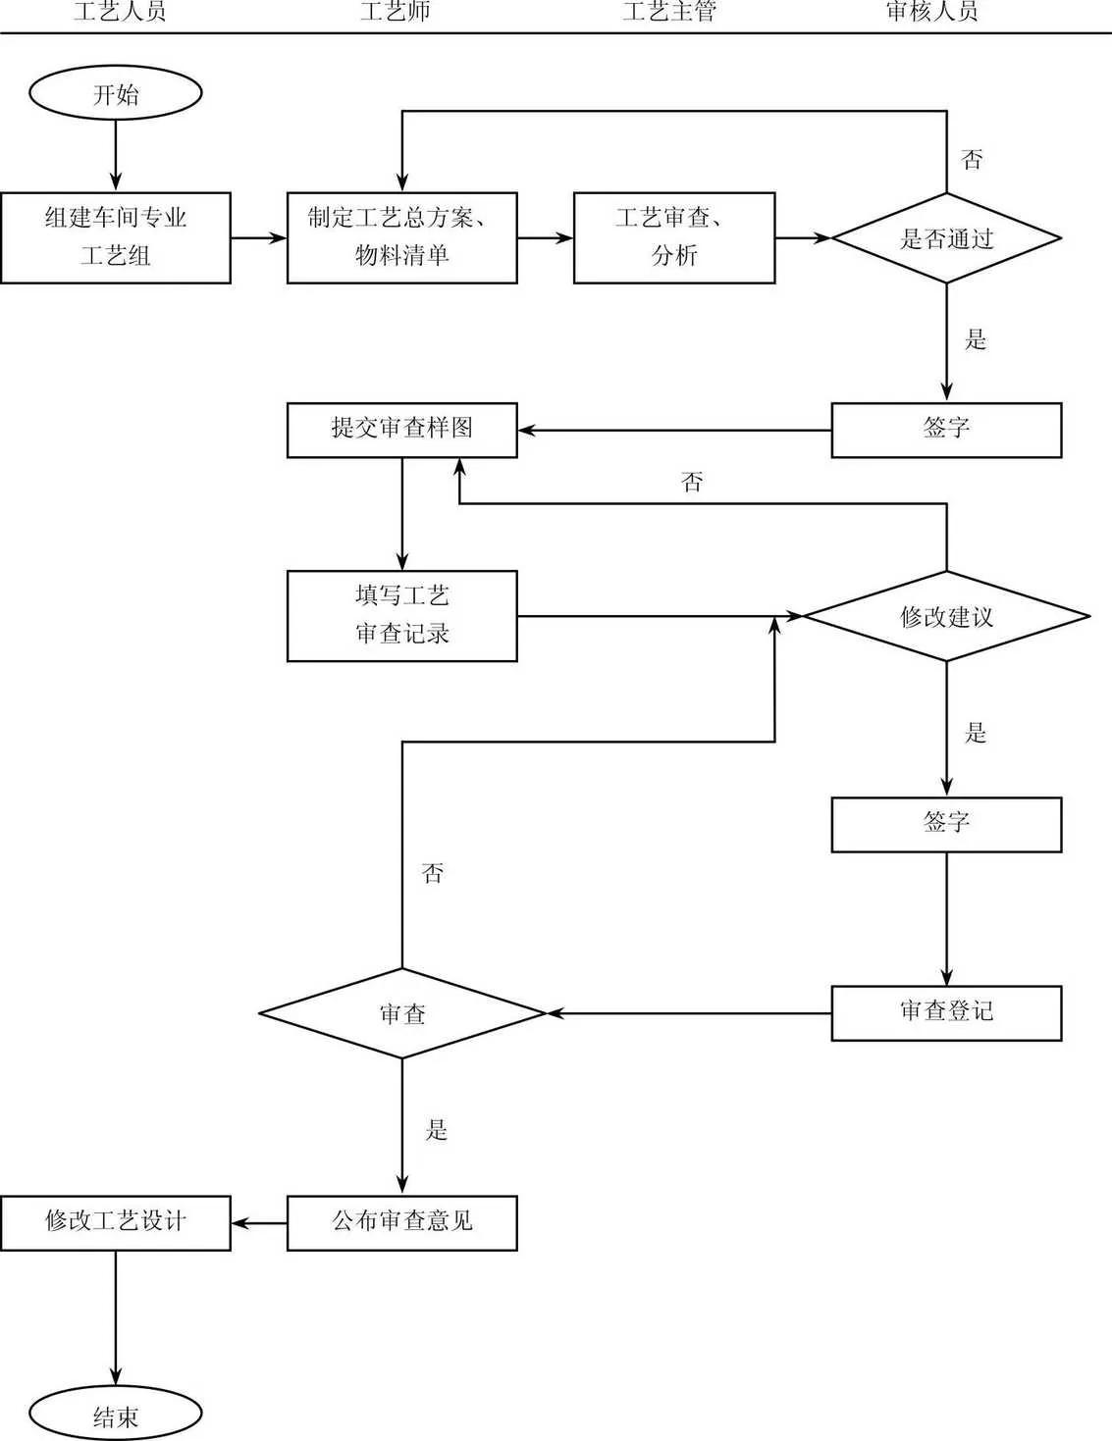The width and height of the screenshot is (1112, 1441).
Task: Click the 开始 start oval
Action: coord(116,94)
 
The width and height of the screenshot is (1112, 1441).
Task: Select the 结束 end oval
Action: coord(116,1415)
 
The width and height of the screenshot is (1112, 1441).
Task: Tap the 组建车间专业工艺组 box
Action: coord(116,237)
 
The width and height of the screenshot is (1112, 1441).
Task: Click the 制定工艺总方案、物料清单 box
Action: coord(401,237)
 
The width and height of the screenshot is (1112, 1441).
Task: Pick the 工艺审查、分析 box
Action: coord(674,237)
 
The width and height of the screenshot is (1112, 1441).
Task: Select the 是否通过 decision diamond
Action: coord(946,237)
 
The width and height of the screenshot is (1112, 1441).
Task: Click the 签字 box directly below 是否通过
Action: coord(946,430)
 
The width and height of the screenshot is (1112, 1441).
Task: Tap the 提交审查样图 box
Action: coord(401,430)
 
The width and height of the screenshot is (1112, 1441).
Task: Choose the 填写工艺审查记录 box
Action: coord(401,616)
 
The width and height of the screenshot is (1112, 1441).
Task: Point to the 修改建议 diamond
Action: coord(946,616)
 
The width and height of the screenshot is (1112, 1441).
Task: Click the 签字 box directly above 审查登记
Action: coord(946,824)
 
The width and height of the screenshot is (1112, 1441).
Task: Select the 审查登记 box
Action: coord(946,1012)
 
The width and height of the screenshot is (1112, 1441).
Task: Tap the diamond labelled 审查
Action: coord(401,1013)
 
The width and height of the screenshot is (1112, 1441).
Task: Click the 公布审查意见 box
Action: coord(401,1222)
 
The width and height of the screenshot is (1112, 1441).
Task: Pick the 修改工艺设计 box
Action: coord(116,1222)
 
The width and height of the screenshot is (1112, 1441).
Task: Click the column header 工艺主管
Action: coord(669,12)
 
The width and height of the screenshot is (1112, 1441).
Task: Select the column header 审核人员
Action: coord(931,12)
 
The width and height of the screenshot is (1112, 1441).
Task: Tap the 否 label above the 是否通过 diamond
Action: coord(972,160)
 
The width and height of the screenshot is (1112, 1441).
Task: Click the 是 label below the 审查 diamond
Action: coord(436,1130)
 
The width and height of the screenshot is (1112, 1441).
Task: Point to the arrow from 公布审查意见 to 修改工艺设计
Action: coord(259,1222)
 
